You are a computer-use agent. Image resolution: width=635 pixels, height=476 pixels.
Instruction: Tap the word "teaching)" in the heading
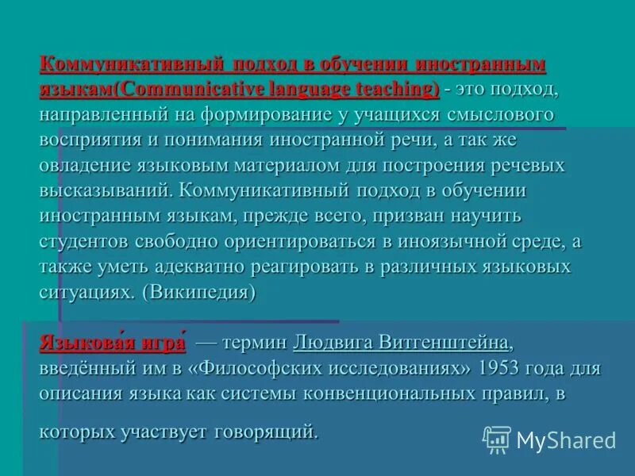click(396, 88)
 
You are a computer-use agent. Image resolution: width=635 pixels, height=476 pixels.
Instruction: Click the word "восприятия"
click(87, 140)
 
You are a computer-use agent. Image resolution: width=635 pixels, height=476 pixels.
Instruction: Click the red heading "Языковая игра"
click(112, 344)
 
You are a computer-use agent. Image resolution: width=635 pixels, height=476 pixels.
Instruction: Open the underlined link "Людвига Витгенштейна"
click(401, 344)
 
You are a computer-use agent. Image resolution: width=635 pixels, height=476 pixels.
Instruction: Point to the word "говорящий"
click(265, 432)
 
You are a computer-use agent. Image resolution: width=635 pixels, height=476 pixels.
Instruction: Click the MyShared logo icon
click(497, 439)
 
